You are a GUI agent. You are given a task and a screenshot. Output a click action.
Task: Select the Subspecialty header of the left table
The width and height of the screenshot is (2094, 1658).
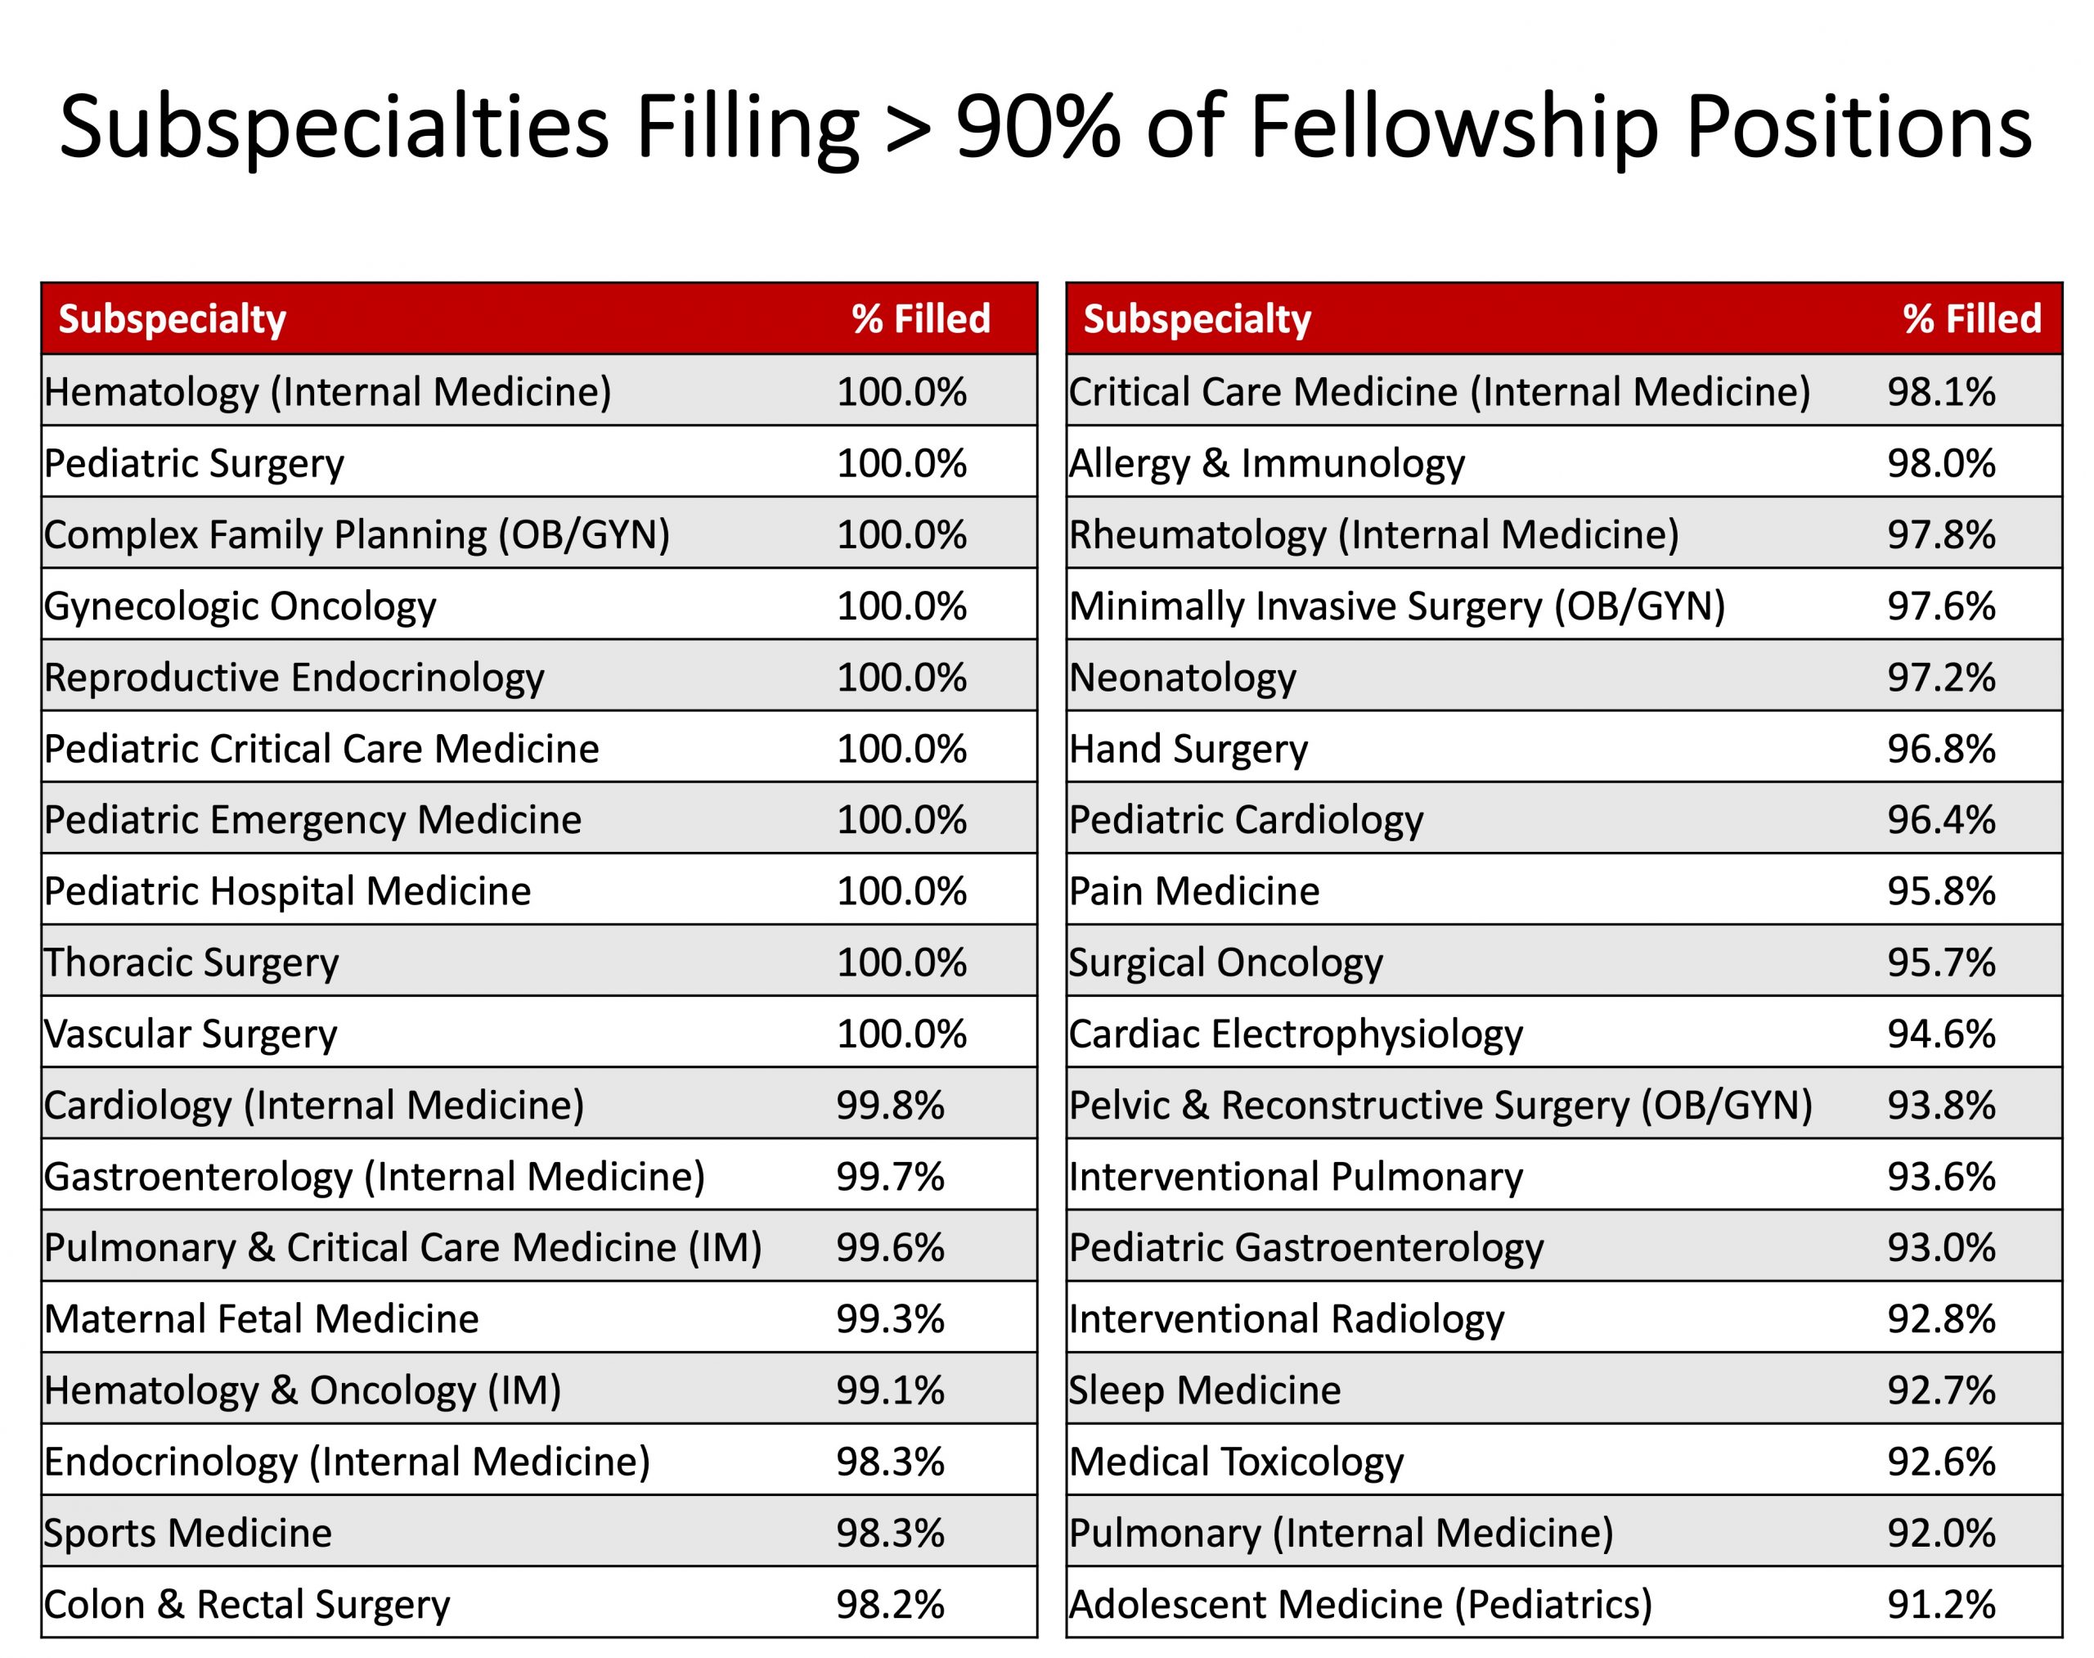[172, 319]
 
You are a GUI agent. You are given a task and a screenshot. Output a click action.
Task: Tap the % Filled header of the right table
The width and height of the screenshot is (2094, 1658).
[1972, 319]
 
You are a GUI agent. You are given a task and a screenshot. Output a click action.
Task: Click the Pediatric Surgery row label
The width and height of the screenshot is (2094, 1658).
[194, 463]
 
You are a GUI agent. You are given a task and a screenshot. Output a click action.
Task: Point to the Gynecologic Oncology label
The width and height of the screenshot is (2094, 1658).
[240, 606]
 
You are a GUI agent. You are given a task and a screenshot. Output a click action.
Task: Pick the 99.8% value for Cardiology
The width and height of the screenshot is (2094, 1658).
[890, 1105]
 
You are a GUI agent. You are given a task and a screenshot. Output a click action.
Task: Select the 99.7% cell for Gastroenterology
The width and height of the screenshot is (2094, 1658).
[890, 1177]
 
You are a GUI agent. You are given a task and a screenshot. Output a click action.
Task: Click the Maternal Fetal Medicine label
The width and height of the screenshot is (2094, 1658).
[262, 1319]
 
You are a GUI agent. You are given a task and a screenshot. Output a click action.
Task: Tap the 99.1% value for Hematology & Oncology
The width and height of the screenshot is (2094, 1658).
[890, 1390]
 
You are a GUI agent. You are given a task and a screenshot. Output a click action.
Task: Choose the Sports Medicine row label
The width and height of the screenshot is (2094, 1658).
[188, 1533]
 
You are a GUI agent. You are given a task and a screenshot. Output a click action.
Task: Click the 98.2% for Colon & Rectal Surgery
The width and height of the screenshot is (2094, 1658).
[890, 1605]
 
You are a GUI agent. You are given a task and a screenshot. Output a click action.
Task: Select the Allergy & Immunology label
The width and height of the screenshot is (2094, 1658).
[1266, 463]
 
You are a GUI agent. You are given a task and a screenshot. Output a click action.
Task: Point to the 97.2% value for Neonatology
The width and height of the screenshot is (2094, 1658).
[1941, 678]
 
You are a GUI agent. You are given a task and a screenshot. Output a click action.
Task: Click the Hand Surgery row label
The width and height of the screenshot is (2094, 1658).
[1189, 749]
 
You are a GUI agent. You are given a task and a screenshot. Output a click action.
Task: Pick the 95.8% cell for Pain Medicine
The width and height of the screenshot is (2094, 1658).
[1941, 891]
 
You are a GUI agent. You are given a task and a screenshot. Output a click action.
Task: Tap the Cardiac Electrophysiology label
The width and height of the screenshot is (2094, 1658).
[1296, 1034]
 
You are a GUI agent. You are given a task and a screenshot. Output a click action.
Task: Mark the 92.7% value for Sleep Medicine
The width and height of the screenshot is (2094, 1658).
[1941, 1390]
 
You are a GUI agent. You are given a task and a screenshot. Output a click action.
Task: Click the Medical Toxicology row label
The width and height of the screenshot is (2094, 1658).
[1236, 1462]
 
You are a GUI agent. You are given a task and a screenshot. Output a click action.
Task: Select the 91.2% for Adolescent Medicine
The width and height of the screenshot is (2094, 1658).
[1941, 1605]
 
